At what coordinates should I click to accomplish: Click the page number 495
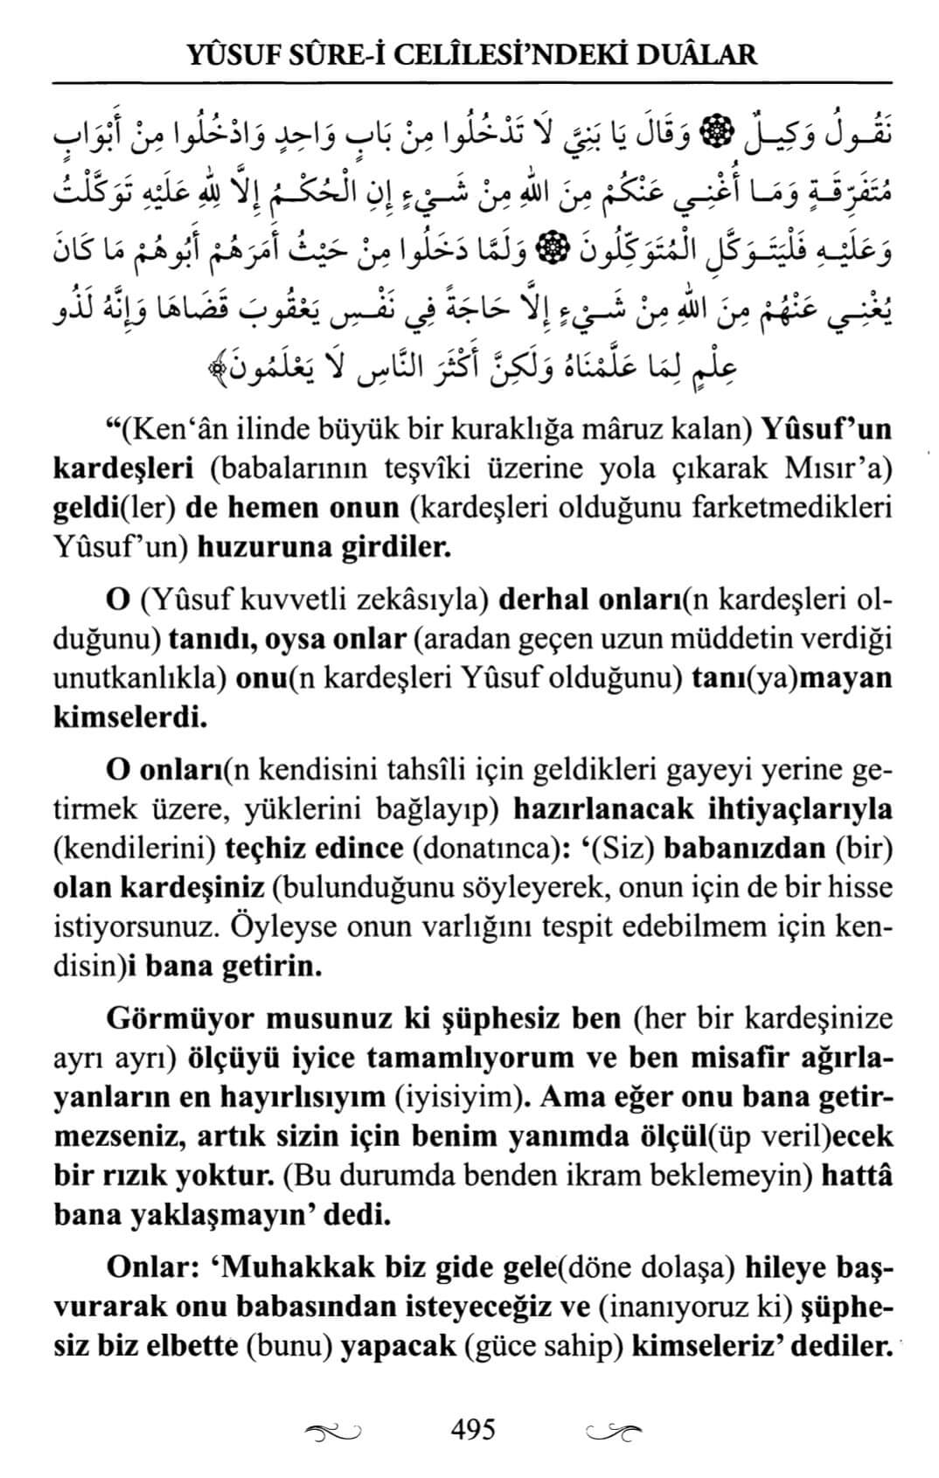pyautogui.click(x=473, y=1429)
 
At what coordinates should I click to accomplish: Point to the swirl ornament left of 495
pyautogui.click(x=334, y=1432)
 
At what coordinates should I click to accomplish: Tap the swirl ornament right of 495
pyautogui.click(x=612, y=1432)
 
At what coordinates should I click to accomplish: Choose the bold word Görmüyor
pyautogui.click(x=178, y=1019)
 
